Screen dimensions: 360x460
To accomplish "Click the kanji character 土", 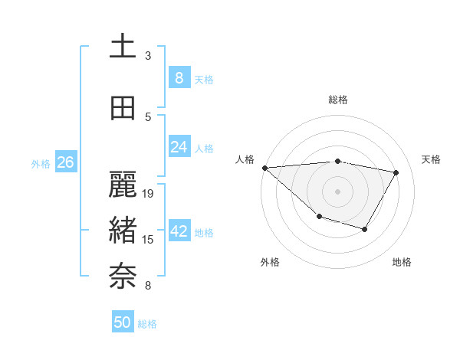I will pyautogui.click(x=123, y=46).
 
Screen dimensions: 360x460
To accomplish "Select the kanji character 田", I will pyautogui.click(x=123, y=109).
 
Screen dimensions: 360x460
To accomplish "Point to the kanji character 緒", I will pyautogui.click(x=123, y=229).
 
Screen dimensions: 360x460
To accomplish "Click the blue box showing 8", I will pyautogui.click(x=179, y=77).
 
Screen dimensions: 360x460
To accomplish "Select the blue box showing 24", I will pyautogui.click(x=179, y=147).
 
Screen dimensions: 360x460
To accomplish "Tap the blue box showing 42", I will pyautogui.click(x=179, y=231).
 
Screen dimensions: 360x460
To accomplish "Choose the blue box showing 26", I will pyautogui.click(x=65, y=162).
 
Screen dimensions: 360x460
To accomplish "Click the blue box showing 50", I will pyautogui.click(x=123, y=322).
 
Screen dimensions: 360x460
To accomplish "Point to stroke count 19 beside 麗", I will pyautogui.click(x=149, y=193).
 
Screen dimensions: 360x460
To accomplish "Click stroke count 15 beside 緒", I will pyautogui.click(x=149, y=240).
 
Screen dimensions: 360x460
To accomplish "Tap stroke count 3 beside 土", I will pyautogui.click(x=148, y=56).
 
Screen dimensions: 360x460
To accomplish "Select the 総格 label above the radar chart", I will pyautogui.click(x=338, y=100).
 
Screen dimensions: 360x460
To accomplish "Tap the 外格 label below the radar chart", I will pyautogui.click(x=269, y=262).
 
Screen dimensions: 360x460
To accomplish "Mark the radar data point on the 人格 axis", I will pyautogui.click(x=264, y=168).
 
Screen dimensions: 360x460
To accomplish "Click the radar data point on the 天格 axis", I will pyautogui.click(x=396, y=172).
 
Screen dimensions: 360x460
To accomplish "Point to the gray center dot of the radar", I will pyautogui.click(x=337, y=191).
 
